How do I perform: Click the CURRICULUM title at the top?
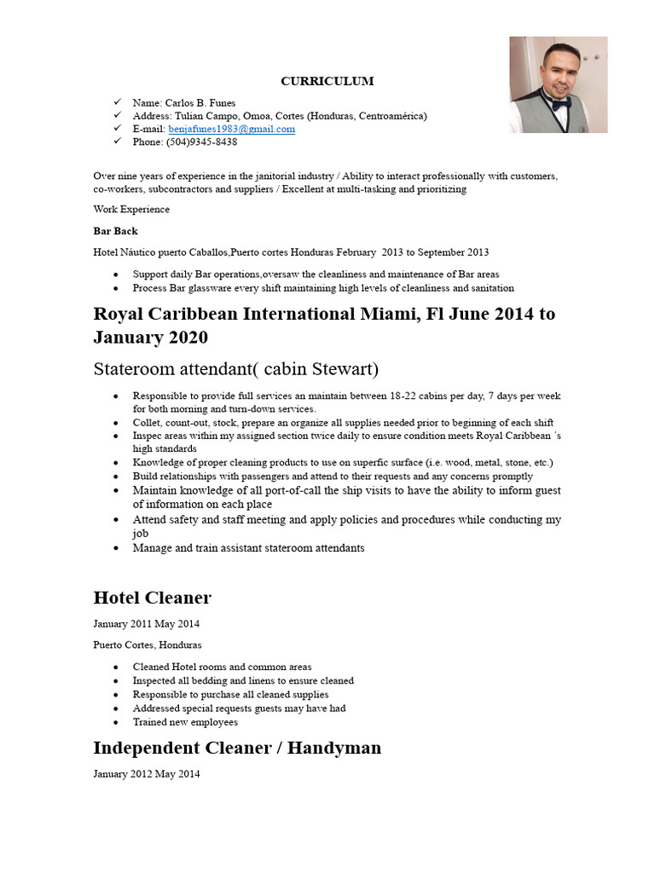327,82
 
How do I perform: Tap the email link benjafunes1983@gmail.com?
231,129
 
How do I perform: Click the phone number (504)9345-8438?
202,142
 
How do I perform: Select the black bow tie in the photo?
559,105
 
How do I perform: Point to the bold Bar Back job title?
115,231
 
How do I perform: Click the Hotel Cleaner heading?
152,598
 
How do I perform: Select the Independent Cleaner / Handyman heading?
237,749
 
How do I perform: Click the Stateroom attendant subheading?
235,369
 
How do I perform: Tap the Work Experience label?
131,210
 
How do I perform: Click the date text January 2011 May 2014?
147,624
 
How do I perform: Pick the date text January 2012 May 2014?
147,775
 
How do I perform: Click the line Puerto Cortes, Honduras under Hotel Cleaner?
148,645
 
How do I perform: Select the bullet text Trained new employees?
185,722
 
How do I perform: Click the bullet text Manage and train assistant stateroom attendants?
248,548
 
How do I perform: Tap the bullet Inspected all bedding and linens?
243,681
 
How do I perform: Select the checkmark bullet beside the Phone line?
118,142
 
